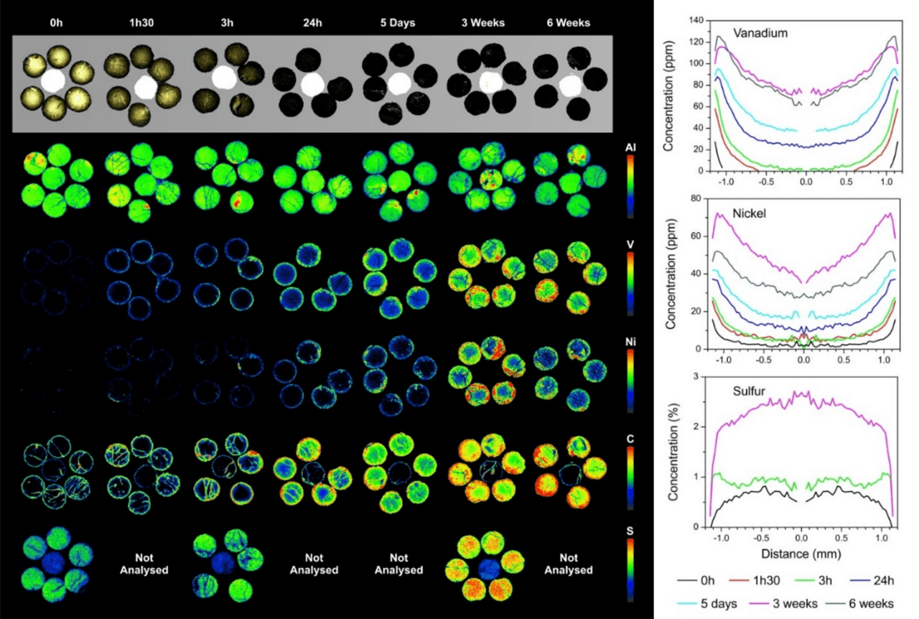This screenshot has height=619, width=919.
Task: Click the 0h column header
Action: [57, 22]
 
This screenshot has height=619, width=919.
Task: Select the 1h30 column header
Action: [141, 22]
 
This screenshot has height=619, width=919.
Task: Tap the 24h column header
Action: [312, 22]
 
